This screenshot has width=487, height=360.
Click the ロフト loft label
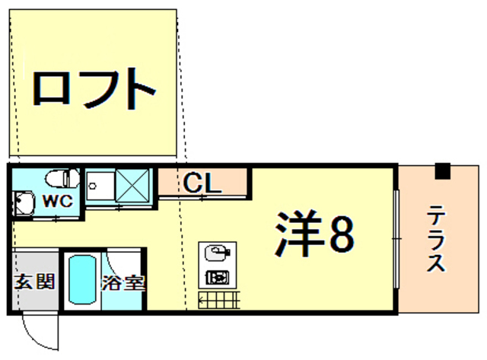tap(94, 90)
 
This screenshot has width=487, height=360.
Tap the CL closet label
tap(202, 183)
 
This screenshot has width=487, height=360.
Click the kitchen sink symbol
tap(218, 252)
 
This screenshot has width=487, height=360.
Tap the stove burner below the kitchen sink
tap(218, 276)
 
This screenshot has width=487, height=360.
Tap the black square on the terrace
tap(442, 171)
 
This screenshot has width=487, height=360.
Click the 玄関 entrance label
tap(35, 281)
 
